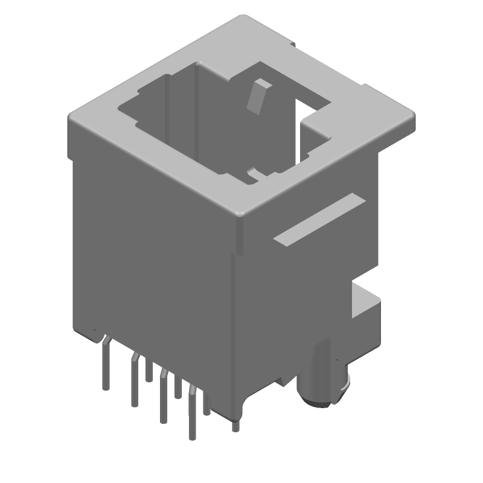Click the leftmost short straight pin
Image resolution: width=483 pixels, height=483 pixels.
[149, 371]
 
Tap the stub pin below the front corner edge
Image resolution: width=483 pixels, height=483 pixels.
[235, 425]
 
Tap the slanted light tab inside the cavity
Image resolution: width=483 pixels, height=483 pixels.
[259, 95]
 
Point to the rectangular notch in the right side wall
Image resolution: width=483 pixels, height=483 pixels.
[365, 302]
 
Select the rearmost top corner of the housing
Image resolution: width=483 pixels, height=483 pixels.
[241, 17]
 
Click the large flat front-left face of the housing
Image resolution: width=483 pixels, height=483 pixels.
[154, 254]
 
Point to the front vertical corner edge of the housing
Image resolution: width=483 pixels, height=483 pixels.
[234, 332]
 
